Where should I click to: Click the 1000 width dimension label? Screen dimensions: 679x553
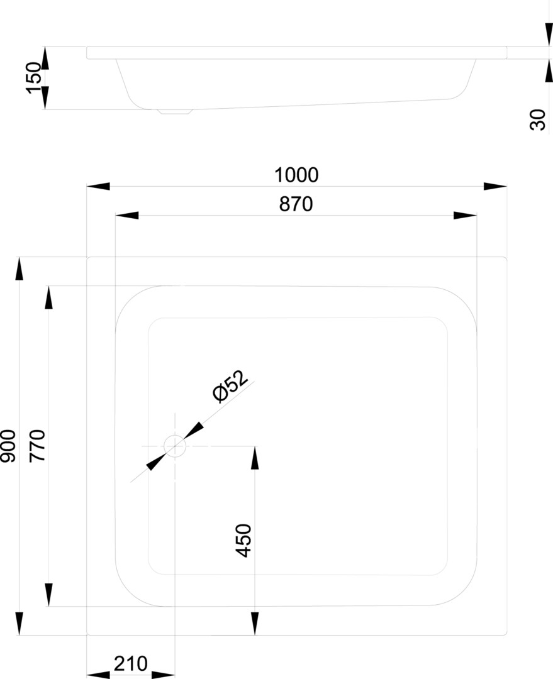(296, 175)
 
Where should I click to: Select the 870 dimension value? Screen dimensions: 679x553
(296, 204)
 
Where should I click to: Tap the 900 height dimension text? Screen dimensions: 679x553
(8, 446)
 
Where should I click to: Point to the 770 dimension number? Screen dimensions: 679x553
(38, 446)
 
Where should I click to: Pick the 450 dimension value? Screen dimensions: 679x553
(244, 540)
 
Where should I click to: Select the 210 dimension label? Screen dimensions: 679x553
(131, 663)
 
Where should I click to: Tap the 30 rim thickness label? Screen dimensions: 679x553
(538, 119)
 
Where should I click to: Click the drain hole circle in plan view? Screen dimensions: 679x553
(175, 446)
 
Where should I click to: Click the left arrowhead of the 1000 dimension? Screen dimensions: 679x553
(98, 186)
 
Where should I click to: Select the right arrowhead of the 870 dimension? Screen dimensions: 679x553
(465, 216)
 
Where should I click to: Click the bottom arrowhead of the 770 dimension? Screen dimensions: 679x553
(48, 595)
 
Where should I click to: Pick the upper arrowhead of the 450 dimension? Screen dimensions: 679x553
(255, 458)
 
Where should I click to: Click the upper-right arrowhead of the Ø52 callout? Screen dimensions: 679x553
(194, 431)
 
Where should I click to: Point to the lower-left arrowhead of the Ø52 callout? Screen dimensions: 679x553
(155, 462)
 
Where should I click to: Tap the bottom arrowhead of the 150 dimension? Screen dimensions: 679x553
(45, 97)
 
